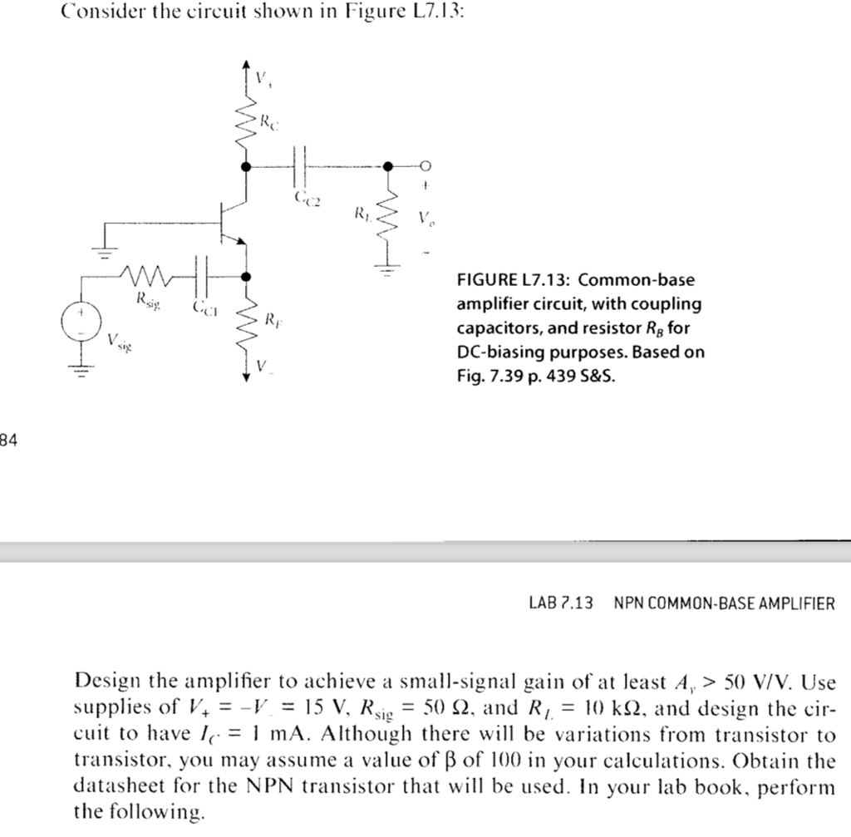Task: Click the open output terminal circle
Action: pyautogui.click(x=424, y=166)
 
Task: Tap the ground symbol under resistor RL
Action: pyautogui.click(x=388, y=268)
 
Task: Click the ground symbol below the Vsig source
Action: pyautogui.click(x=81, y=372)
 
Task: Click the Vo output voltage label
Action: pyautogui.click(x=425, y=221)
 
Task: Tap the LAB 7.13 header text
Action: pyautogui.click(x=561, y=603)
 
